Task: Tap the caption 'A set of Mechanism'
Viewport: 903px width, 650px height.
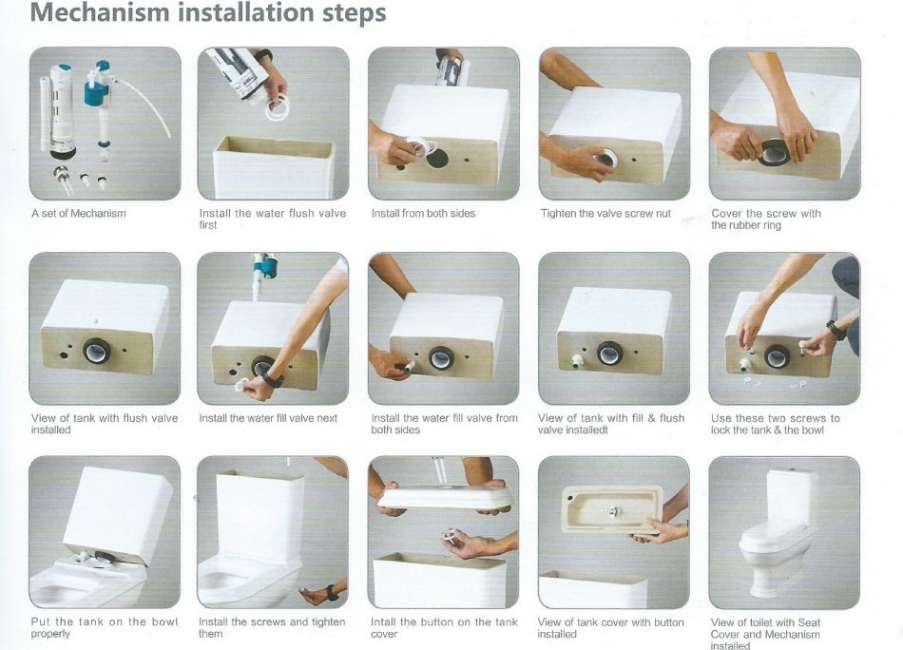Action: tap(78, 214)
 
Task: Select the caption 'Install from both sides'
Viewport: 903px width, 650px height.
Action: tap(423, 214)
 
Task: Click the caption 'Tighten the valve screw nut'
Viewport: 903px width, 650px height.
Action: tap(605, 214)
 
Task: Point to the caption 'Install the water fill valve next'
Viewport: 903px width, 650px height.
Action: tap(268, 418)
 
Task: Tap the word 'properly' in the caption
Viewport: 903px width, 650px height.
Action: tap(50, 634)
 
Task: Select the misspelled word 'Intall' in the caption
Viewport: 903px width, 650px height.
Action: tap(384, 622)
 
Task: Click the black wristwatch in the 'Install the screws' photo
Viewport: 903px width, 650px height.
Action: tap(332, 592)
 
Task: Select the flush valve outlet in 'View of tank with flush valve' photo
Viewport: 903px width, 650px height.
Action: tap(95, 352)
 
